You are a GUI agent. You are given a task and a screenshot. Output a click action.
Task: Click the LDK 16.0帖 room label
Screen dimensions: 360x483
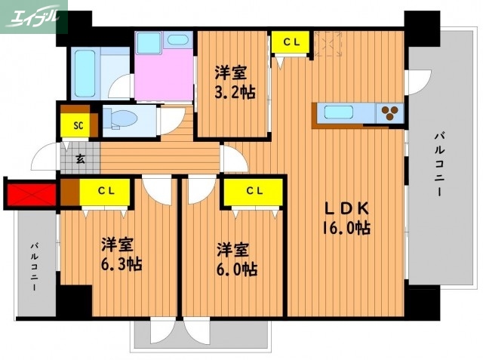click(x=347, y=217)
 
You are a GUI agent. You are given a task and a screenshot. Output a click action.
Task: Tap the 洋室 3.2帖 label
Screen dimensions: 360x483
click(x=232, y=82)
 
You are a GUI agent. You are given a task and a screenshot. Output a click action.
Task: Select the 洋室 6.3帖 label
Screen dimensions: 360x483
click(x=122, y=254)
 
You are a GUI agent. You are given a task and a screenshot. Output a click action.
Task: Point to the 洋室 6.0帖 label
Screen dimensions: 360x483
click(x=238, y=259)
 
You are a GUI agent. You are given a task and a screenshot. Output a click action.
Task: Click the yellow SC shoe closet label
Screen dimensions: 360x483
click(x=77, y=126)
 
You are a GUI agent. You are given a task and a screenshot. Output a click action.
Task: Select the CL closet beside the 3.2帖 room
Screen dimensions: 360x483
click(x=290, y=43)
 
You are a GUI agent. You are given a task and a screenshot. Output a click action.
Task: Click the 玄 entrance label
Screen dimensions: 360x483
click(x=80, y=159)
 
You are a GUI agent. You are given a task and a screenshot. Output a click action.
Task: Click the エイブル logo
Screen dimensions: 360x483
click(x=34, y=16)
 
